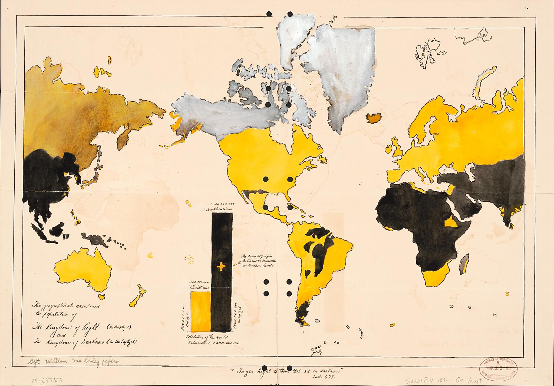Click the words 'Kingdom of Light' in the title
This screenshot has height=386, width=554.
tap(63, 327)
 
